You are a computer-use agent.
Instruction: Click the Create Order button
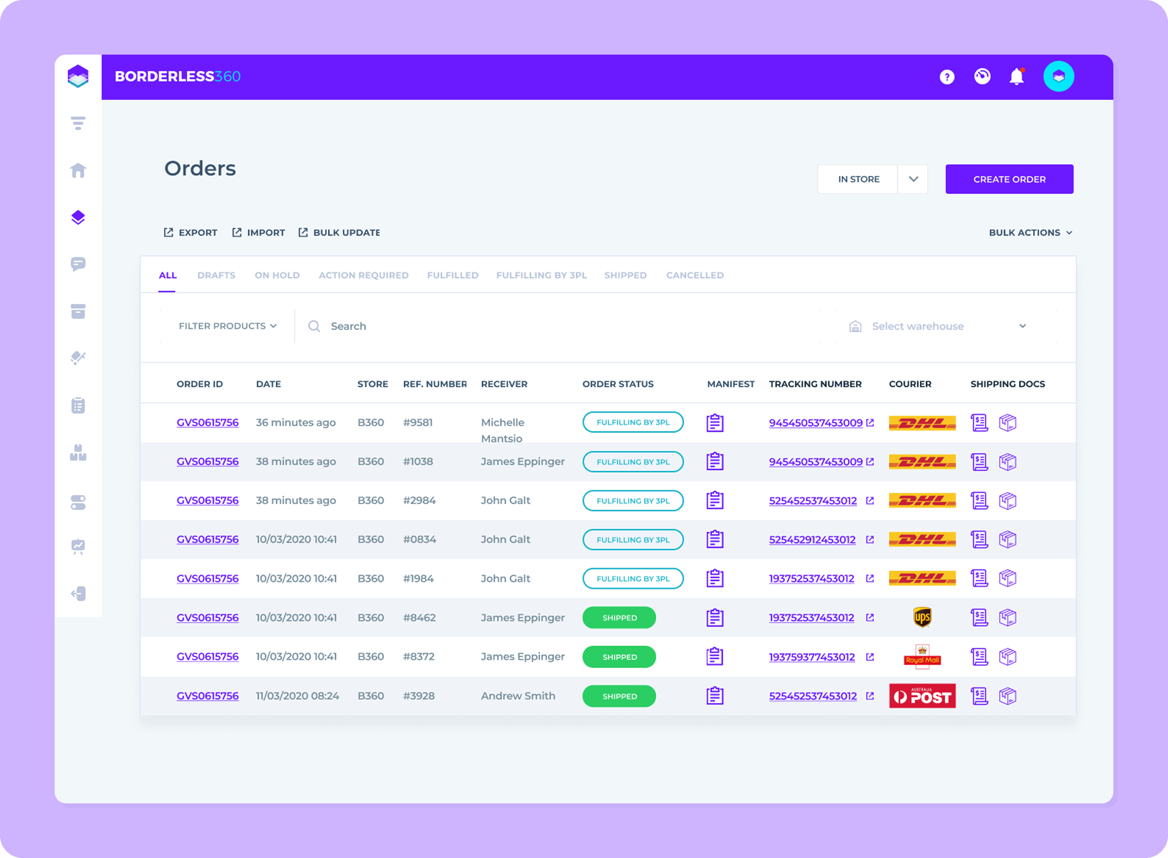point(1009,179)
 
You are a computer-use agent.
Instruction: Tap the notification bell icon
point(1017,77)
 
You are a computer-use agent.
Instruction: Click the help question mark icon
point(947,77)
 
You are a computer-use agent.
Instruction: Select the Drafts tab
point(216,275)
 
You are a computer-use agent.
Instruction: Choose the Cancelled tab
point(694,275)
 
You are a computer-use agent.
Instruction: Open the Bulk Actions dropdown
point(1030,233)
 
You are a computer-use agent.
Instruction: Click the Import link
point(259,233)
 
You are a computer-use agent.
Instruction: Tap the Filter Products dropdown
point(228,326)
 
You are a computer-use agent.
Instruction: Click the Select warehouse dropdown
point(939,326)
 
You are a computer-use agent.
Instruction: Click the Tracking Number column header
point(815,384)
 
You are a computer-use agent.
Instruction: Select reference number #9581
point(418,423)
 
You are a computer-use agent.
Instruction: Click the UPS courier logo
point(922,617)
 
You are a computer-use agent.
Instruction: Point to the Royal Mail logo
point(922,657)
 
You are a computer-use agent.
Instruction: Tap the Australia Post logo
point(922,696)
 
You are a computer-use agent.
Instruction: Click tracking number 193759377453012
point(812,657)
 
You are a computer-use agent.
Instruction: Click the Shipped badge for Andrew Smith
point(619,696)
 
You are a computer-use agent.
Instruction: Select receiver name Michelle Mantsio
point(502,430)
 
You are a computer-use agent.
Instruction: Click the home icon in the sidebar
point(78,170)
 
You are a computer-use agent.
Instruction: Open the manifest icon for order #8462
point(715,617)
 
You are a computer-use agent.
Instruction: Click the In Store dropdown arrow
point(913,179)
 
